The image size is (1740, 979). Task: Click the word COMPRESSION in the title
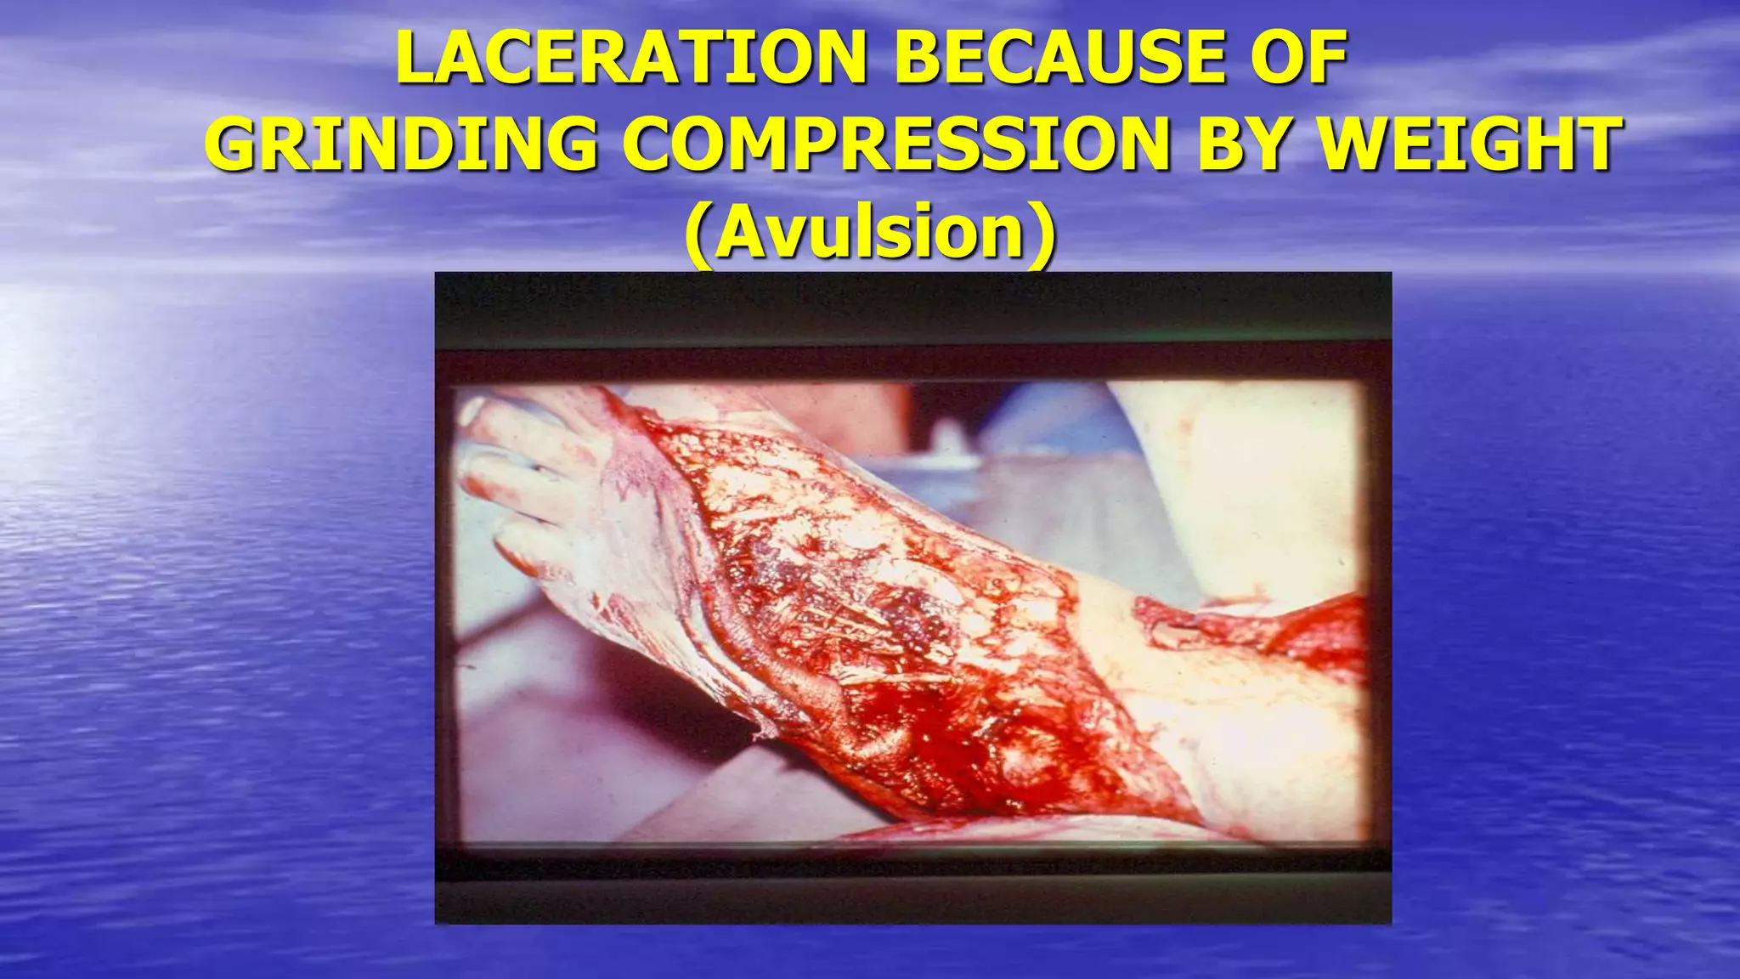point(902,144)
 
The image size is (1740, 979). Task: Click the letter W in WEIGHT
point(1361,144)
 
